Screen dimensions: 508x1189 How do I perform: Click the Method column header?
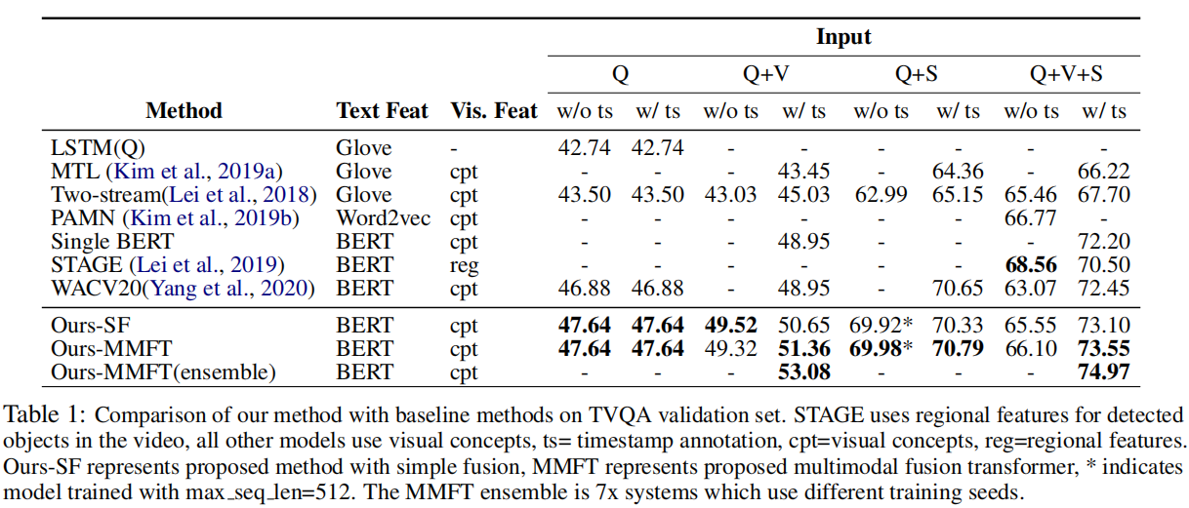[x=184, y=111]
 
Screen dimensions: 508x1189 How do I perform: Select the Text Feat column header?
[x=382, y=111]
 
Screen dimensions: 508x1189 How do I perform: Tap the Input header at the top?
[x=843, y=38]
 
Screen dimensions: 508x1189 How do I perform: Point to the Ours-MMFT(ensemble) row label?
[x=163, y=371]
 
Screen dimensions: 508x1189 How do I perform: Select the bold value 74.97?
[x=1104, y=371]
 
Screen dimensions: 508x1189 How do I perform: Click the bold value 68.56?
[x=1030, y=265]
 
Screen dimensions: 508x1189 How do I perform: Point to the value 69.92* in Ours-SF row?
[x=882, y=325]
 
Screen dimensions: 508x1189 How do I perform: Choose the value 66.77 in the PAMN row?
[x=1030, y=218]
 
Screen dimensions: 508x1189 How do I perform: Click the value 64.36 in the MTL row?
[x=958, y=172]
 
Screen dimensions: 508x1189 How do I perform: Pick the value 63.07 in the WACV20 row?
[x=1030, y=289]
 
